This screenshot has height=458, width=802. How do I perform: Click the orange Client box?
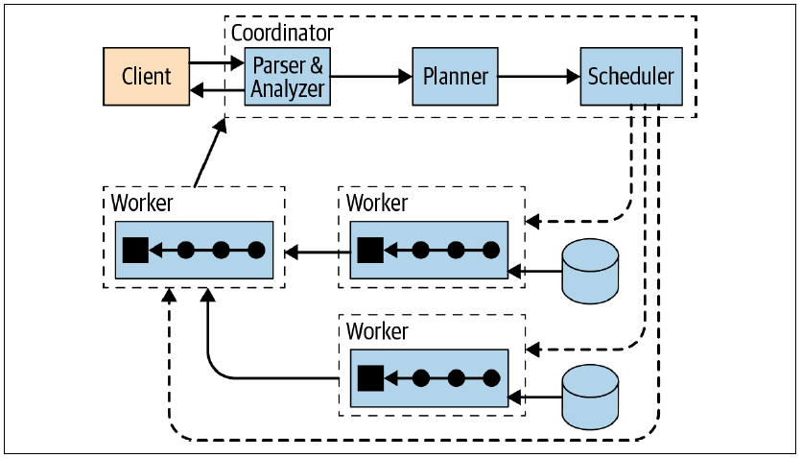point(147,76)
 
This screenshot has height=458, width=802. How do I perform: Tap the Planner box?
point(456,76)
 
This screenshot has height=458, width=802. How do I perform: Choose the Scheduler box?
point(631,76)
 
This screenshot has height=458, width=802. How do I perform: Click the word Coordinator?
point(282,33)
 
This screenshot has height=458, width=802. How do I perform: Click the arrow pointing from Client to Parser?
point(217,63)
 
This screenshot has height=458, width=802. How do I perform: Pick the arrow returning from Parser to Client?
point(217,90)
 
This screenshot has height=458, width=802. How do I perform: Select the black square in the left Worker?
point(134,252)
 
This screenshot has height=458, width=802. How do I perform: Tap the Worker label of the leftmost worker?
point(141,203)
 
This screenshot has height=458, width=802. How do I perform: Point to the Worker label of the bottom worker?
point(377,331)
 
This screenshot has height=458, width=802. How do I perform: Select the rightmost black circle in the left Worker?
point(256,252)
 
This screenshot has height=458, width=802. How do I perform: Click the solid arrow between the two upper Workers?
point(313,253)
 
